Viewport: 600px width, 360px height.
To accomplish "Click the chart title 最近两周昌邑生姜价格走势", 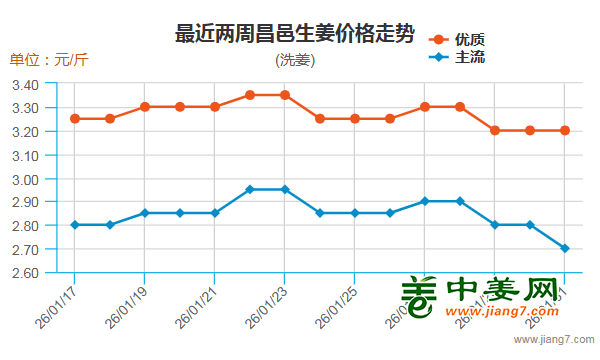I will pyautogui.click(x=294, y=34).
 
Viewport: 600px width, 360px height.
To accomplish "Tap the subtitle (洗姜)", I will pyautogui.click(x=294, y=60).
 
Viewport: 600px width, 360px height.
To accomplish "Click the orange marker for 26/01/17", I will pyautogui.click(x=75, y=119).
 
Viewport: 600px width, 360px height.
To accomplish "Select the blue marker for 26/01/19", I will pyautogui.click(x=145, y=213).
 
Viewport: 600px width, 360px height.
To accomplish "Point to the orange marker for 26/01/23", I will pyautogui.click(x=285, y=95).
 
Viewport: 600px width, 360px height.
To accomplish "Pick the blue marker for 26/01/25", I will pyautogui.click(x=355, y=213).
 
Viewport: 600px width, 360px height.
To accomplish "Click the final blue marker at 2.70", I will pyautogui.click(x=565, y=248).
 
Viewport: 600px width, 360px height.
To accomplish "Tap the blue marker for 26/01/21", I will pyautogui.click(x=215, y=213).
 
